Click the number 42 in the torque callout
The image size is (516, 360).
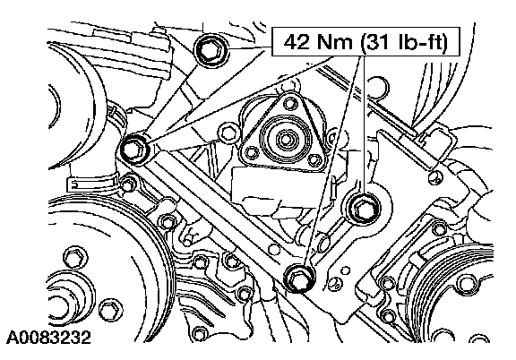tap(297, 42)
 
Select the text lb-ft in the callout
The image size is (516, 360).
tap(420, 42)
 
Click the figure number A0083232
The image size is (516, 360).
tap(48, 338)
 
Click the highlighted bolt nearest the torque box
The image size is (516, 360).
tap(211, 51)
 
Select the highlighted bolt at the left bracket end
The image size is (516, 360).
tap(135, 149)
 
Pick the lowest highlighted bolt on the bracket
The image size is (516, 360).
tap(299, 279)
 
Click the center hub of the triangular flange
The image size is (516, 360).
tap(285, 139)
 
